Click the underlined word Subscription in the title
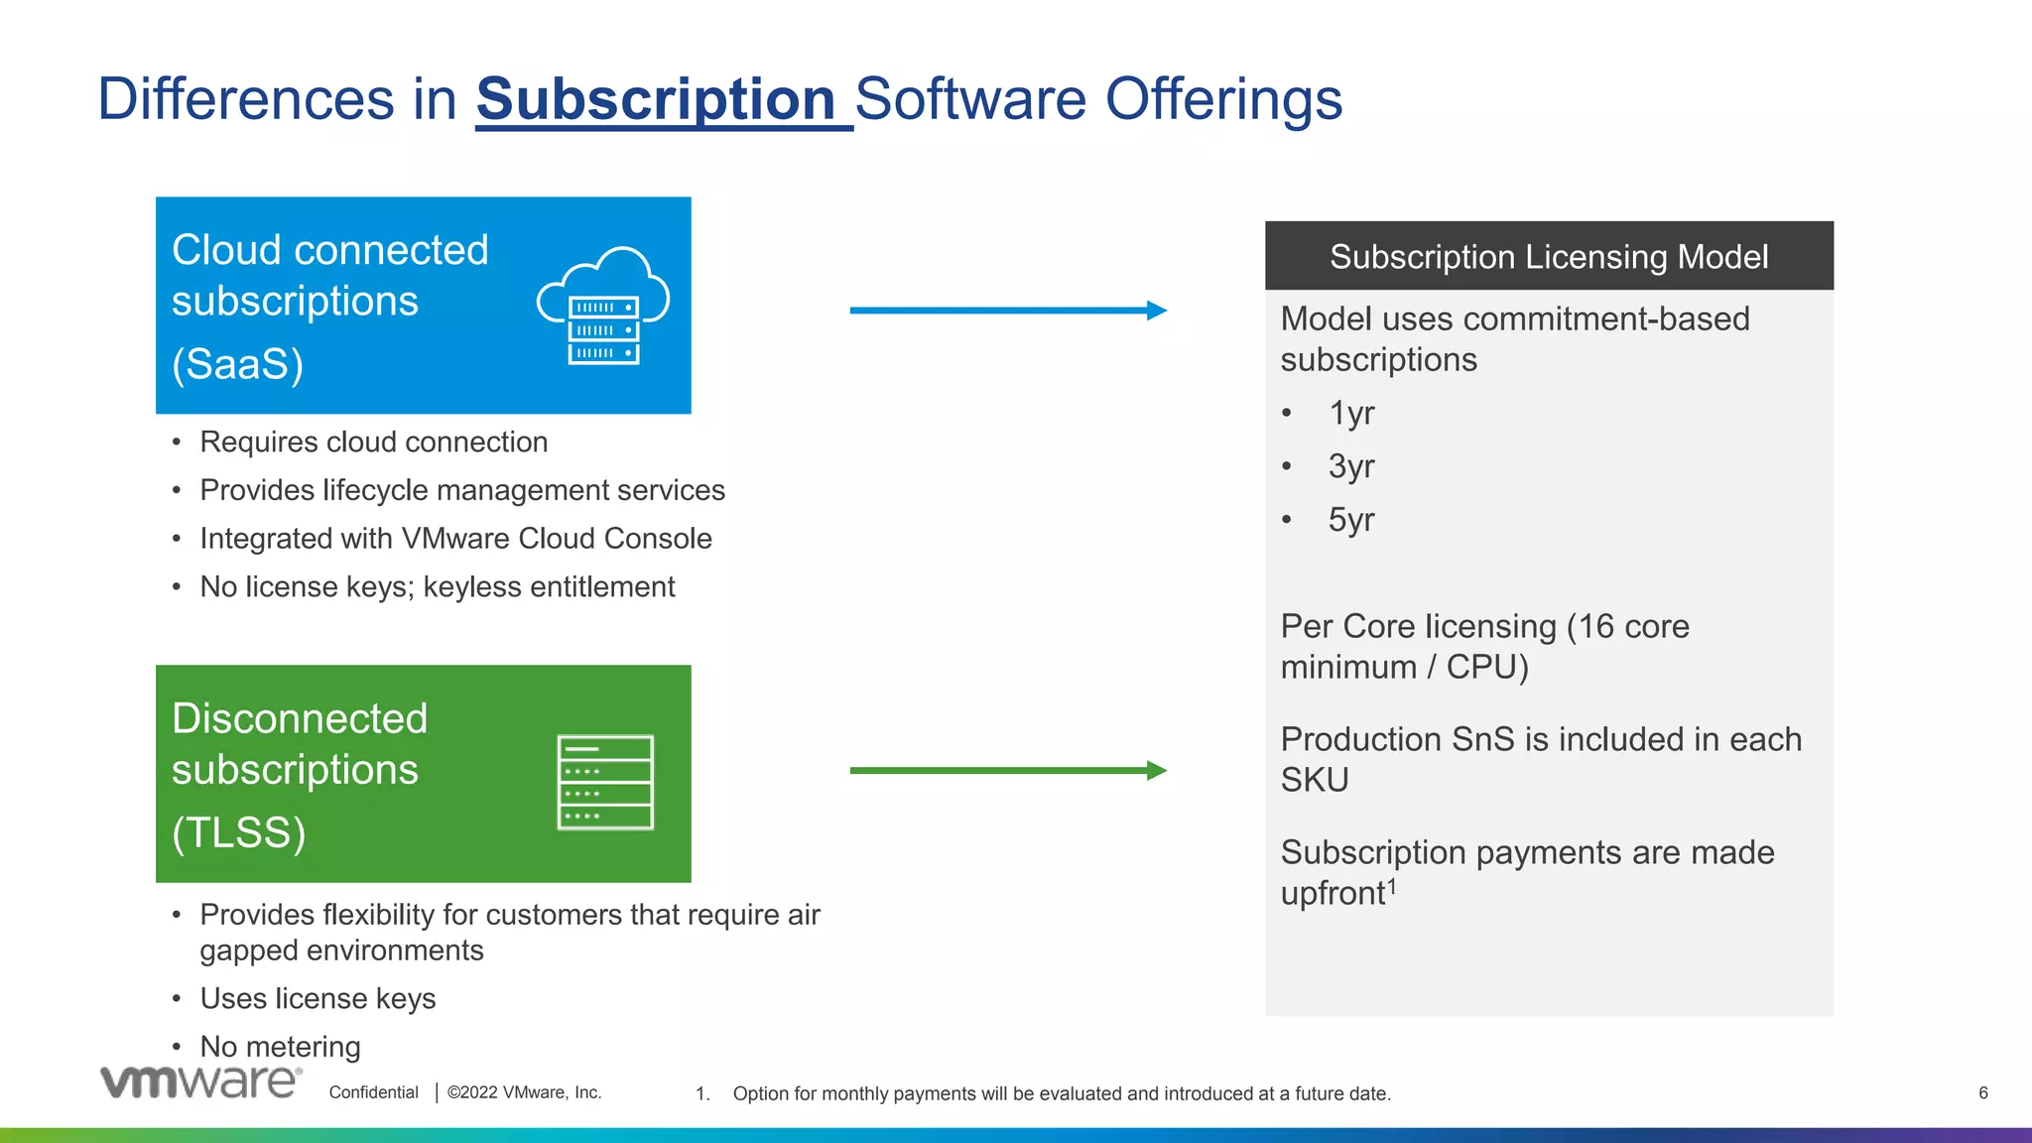point(657,99)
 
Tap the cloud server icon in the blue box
point(603,307)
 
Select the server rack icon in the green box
point(605,783)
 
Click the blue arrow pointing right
point(1007,311)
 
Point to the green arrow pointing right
point(1007,770)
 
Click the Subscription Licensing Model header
point(1548,257)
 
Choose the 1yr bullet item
point(1351,413)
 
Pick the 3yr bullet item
point(1351,466)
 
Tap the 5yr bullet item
point(1351,520)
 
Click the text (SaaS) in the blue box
point(238,364)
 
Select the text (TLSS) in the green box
point(239,832)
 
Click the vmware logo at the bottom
point(200,1081)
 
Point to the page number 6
point(1982,1092)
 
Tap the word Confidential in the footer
point(374,1092)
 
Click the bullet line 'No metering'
point(280,1047)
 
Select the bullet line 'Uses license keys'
point(317,998)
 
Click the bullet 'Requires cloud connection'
point(373,443)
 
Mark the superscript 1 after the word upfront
point(1392,886)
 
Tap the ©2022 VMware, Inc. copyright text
point(524,1092)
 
